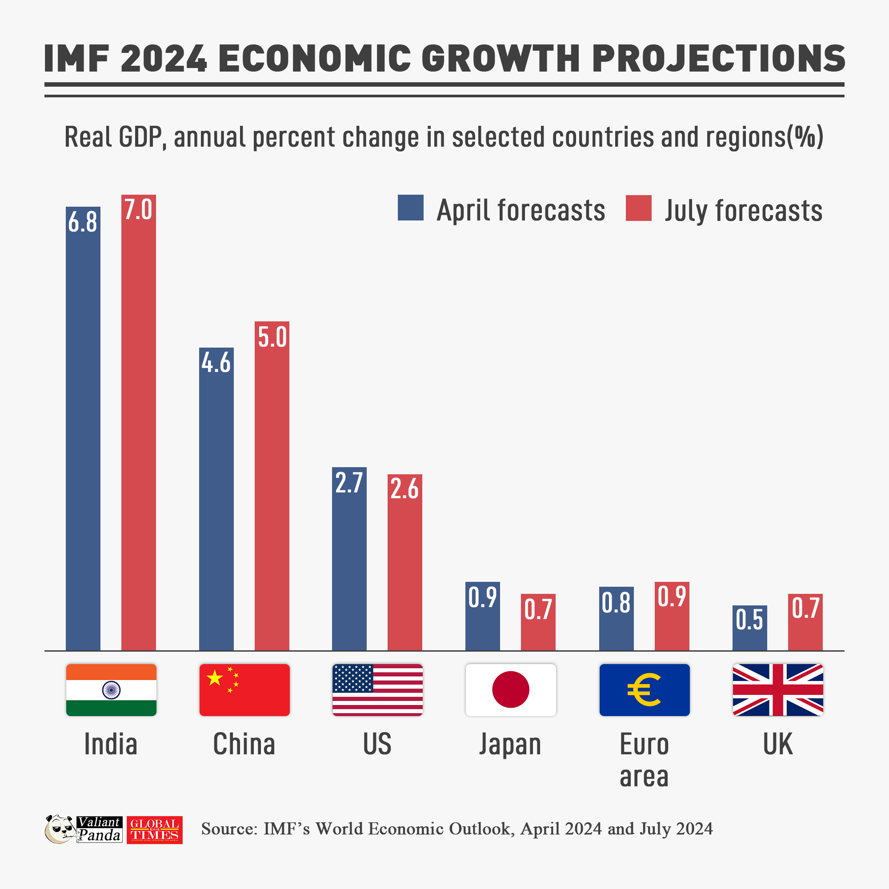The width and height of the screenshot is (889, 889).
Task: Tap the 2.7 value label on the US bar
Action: pyautogui.click(x=349, y=483)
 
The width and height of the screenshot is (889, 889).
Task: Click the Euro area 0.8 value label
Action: pyautogui.click(x=616, y=603)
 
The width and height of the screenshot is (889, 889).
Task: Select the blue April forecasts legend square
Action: pyautogui.click(x=410, y=208)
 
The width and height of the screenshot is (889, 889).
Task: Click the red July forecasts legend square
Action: pyautogui.click(x=638, y=208)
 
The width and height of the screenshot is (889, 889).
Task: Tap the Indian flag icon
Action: pyautogui.click(x=111, y=690)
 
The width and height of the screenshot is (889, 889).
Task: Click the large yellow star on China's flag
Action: pyautogui.click(x=214, y=678)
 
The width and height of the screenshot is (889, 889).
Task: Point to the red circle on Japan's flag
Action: pyautogui.click(x=510, y=689)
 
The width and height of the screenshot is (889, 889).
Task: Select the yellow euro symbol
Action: pyautogui.click(x=644, y=689)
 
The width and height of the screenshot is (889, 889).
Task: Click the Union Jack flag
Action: pyautogui.click(x=777, y=690)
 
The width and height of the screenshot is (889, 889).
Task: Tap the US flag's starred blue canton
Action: pyautogui.click(x=352, y=678)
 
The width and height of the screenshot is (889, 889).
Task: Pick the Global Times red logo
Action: pyautogui.click(x=155, y=830)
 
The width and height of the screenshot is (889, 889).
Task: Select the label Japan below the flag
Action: pyautogui.click(x=510, y=745)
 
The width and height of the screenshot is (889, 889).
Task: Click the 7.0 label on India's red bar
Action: pyautogui.click(x=138, y=209)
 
